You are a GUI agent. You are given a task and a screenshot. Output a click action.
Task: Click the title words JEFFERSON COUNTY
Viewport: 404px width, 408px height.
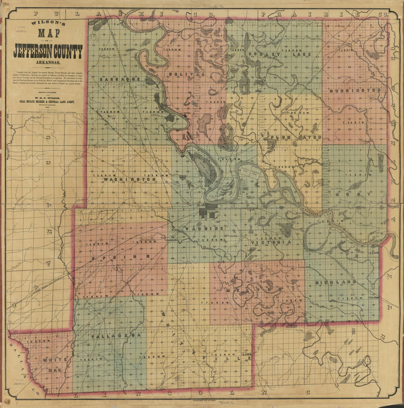(x=48, y=51)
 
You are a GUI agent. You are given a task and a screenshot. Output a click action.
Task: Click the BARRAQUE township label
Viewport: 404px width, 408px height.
(x=120, y=79)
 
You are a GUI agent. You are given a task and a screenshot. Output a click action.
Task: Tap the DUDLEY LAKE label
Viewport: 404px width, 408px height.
(x=280, y=54)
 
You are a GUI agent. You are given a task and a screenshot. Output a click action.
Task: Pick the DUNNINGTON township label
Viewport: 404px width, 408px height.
(x=355, y=90)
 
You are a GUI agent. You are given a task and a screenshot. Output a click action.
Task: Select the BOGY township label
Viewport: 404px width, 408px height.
(x=347, y=194)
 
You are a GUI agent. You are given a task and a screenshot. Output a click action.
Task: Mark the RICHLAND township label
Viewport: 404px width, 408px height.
(x=336, y=282)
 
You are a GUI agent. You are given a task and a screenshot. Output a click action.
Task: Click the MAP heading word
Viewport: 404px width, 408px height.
(x=48, y=35)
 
